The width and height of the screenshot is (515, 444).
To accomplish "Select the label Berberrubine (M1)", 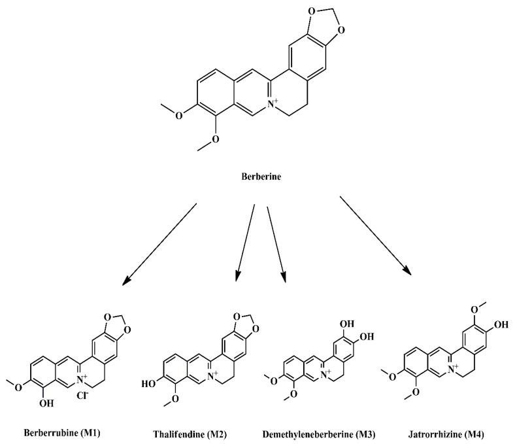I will coord(62,432).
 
